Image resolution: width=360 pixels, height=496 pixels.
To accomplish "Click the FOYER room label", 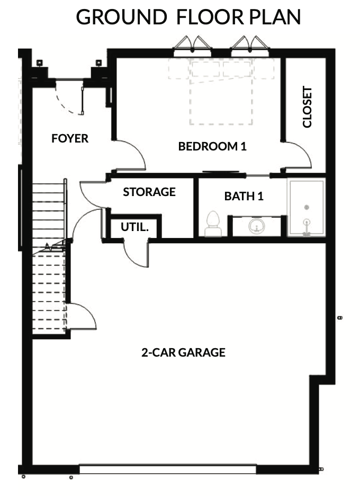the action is (70, 138).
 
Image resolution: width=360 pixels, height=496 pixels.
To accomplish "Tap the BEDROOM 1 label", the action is (212, 146).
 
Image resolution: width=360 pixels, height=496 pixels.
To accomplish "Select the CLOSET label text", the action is (307, 107).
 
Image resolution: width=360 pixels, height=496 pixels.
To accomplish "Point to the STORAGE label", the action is (149, 192).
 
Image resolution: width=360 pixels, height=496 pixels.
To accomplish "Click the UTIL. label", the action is (134, 227).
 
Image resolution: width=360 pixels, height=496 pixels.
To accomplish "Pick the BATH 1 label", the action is (244, 197).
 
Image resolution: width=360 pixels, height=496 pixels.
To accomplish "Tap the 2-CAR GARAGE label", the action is (183, 352).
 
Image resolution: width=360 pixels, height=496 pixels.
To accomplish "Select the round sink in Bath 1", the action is (257, 226).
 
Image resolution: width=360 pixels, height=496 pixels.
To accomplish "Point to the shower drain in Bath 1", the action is (307, 208).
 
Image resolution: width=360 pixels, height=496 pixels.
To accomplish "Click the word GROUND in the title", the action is (122, 17).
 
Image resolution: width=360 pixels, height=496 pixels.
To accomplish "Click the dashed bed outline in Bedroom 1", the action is (221, 92).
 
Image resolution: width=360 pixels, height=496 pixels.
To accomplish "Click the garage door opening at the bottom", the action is (168, 469).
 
